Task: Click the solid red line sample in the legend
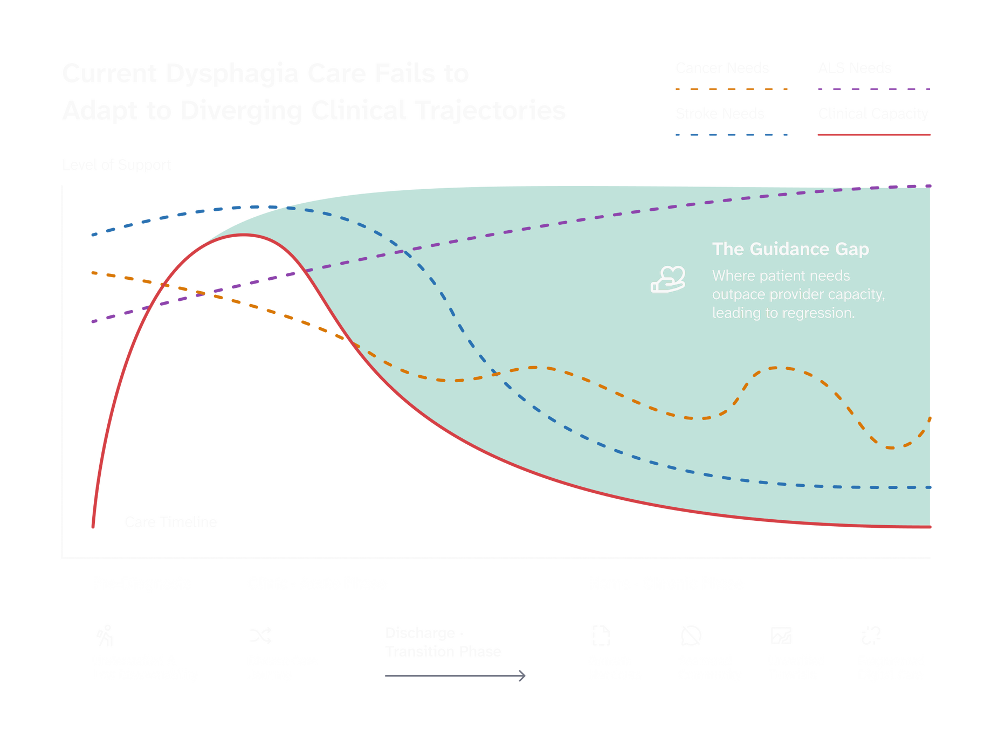(874, 135)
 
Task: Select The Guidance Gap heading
(790, 249)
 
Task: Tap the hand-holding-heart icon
(668, 279)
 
